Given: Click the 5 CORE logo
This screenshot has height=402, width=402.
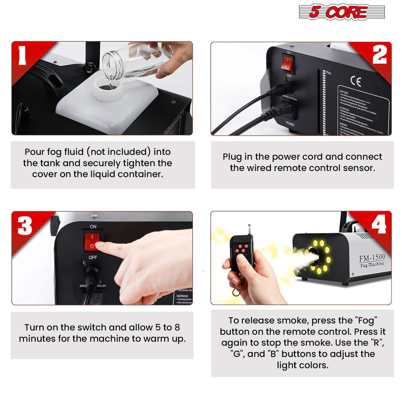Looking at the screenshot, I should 341,12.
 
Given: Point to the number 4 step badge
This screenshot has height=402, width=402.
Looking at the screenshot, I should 378,224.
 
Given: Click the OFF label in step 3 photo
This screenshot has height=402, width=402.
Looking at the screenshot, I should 93,257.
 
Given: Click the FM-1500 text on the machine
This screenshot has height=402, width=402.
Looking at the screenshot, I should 371,257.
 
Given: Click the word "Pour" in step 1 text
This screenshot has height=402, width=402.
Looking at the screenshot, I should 34,152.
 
